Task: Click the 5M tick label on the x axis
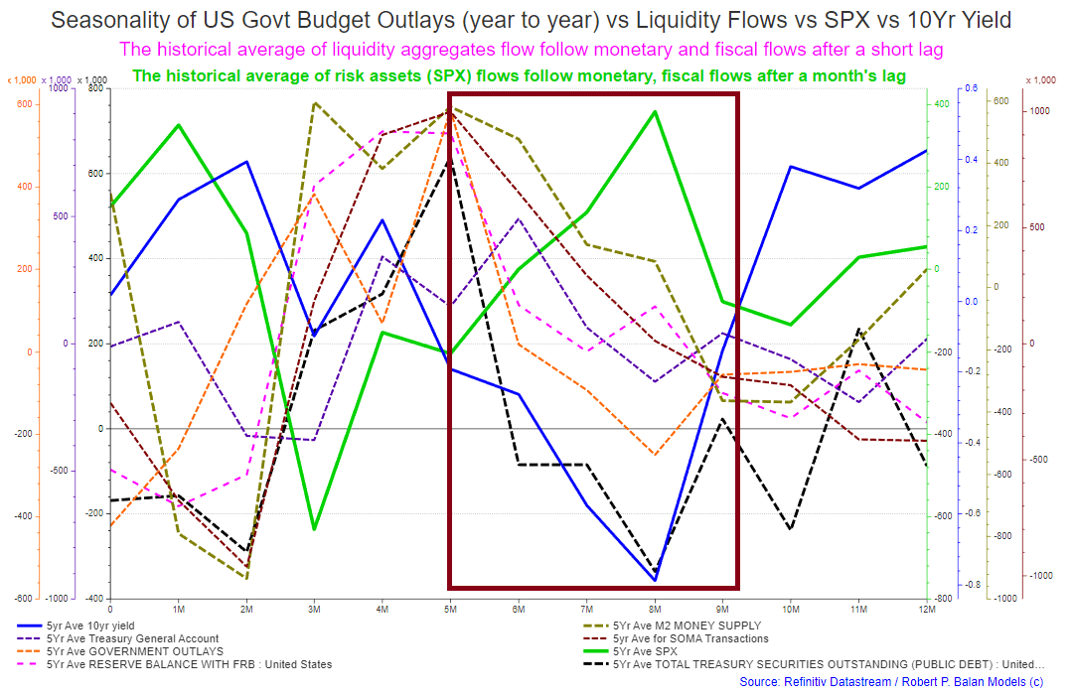pos(449,608)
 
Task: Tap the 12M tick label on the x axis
pos(924,608)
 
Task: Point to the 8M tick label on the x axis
pos(654,608)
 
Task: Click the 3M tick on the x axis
pos(314,608)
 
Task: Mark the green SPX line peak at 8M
pos(655,111)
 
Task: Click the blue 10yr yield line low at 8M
pos(655,580)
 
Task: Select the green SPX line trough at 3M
pos(314,529)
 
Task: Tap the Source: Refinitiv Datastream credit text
pos(890,682)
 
